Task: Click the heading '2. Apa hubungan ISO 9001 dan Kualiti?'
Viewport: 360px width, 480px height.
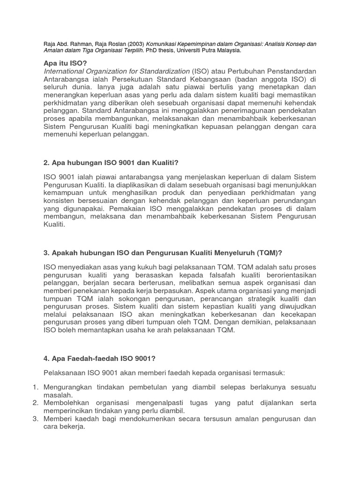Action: [x=111, y=163]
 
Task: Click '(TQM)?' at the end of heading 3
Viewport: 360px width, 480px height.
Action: [x=269, y=253]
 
